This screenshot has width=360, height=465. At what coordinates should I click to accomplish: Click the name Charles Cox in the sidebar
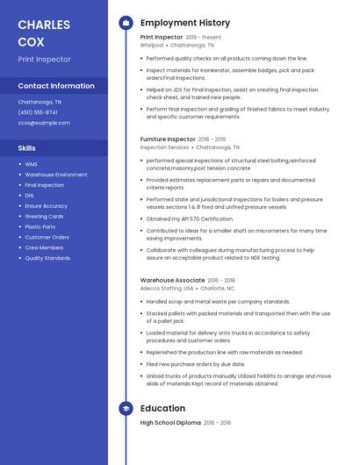(x=43, y=32)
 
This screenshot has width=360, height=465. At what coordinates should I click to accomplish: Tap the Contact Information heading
(x=56, y=86)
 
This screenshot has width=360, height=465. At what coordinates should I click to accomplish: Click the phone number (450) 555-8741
(x=38, y=112)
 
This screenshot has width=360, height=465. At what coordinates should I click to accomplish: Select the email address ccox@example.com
(x=43, y=123)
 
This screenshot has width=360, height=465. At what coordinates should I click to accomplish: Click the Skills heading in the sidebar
(x=27, y=148)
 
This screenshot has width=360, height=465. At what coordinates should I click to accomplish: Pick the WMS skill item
(x=31, y=164)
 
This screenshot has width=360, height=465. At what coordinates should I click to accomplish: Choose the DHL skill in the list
(x=30, y=196)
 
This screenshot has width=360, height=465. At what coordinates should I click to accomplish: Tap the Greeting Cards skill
(x=44, y=216)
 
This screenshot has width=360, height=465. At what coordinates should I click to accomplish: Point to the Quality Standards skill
(x=47, y=258)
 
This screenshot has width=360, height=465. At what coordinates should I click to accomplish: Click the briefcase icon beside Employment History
(x=126, y=23)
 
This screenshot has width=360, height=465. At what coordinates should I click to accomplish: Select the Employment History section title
(x=185, y=23)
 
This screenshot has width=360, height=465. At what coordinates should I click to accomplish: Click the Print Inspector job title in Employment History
(x=162, y=37)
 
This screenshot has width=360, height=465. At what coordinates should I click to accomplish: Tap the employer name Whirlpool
(x=151, y=45)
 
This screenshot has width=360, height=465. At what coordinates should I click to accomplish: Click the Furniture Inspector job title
(x=168, y=139)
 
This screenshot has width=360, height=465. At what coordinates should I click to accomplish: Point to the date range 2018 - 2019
(x=212, y=139)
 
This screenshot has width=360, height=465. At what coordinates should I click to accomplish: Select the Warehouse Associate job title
(x=172, y=280)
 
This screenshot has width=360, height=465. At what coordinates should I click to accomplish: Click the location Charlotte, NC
(x=217, y=288)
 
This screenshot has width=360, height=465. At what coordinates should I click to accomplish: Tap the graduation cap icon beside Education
(x=126, y=408)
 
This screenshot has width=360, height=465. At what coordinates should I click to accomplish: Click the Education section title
(x=162, y=408)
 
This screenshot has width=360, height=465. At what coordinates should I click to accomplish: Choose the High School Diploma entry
(x=171, y=422)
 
